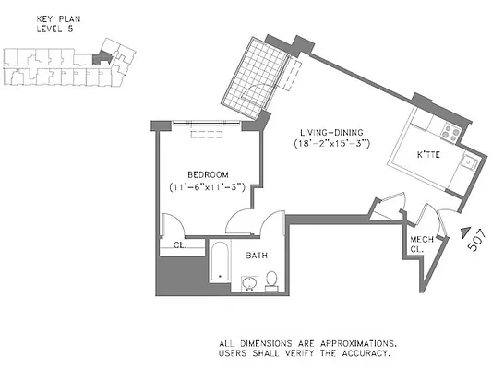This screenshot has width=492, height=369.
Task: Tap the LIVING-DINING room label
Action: tap(332, 131)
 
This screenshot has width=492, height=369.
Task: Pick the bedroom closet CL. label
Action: tap(181, 245)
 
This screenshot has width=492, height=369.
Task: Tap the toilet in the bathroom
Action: tap(271, 279)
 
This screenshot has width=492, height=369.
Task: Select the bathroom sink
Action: tap(249, 281)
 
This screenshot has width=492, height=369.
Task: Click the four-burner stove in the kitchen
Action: tap(451, 132)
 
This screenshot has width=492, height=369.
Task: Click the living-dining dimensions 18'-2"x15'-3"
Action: tap(333, 144)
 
